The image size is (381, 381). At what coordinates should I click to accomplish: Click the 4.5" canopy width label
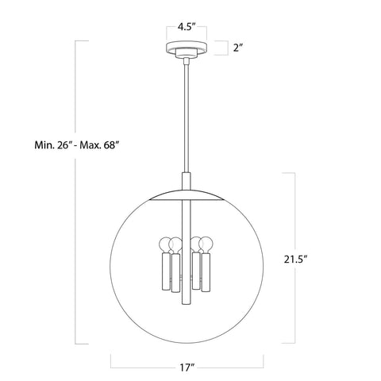(188, 25)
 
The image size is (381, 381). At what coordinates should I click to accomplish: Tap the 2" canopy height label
(238, 48)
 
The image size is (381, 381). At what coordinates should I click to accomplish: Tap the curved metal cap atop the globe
(188, 194)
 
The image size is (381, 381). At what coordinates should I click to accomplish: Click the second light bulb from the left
(179, 241)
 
